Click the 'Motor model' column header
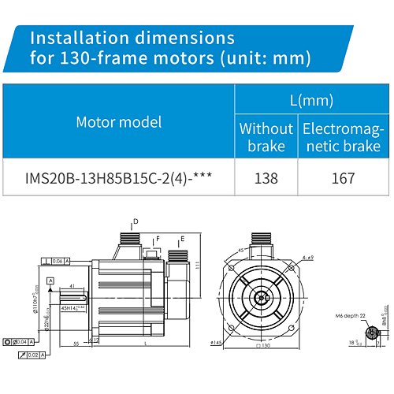[118, 121]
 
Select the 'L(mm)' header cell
[310, 100]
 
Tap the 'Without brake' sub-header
[266, 136]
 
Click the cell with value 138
[266, 179]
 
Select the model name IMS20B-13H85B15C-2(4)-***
[119, 179]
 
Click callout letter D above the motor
[135, 222]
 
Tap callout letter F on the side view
[158, 237]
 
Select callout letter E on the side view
[182, 237]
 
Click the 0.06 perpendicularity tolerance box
[60, 261]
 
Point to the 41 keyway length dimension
[72, 287]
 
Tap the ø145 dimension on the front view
[217, 343]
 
